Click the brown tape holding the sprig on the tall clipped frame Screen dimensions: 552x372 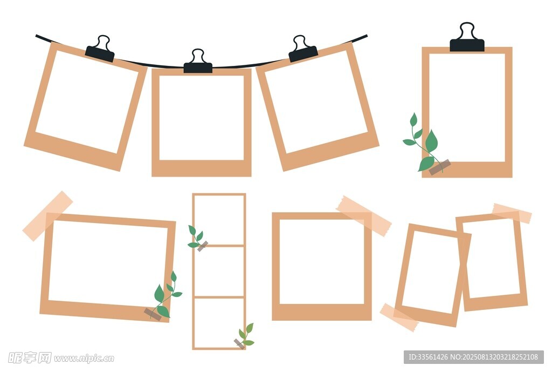pos(440,167)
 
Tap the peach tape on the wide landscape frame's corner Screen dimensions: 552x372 pos(48,216)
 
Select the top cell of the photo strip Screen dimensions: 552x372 pos(219,219)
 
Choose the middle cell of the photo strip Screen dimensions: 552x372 pos(219,272)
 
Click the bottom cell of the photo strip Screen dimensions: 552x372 pos(219,323)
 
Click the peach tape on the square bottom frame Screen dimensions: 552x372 pos(364,216)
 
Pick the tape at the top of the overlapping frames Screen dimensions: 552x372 pos(512,213)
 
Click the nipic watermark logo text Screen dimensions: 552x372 pos(61,358)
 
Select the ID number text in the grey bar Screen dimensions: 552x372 pos(428,357)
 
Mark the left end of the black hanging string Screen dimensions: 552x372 pos(36,35)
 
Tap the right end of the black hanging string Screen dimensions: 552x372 pos(367,35)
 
